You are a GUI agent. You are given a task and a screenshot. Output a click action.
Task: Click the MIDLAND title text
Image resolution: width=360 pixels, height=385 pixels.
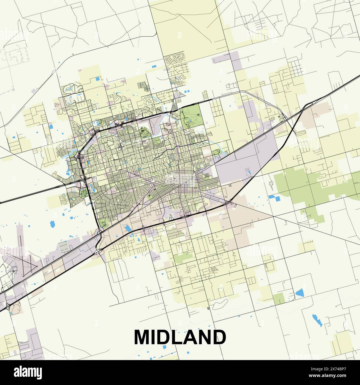[x=180, y=337]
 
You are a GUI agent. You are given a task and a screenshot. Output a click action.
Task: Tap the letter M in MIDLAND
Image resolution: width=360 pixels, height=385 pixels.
[x=143, y=337]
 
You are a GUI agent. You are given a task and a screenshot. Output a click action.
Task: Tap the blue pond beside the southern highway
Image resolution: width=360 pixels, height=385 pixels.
[x=128, y=228]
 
